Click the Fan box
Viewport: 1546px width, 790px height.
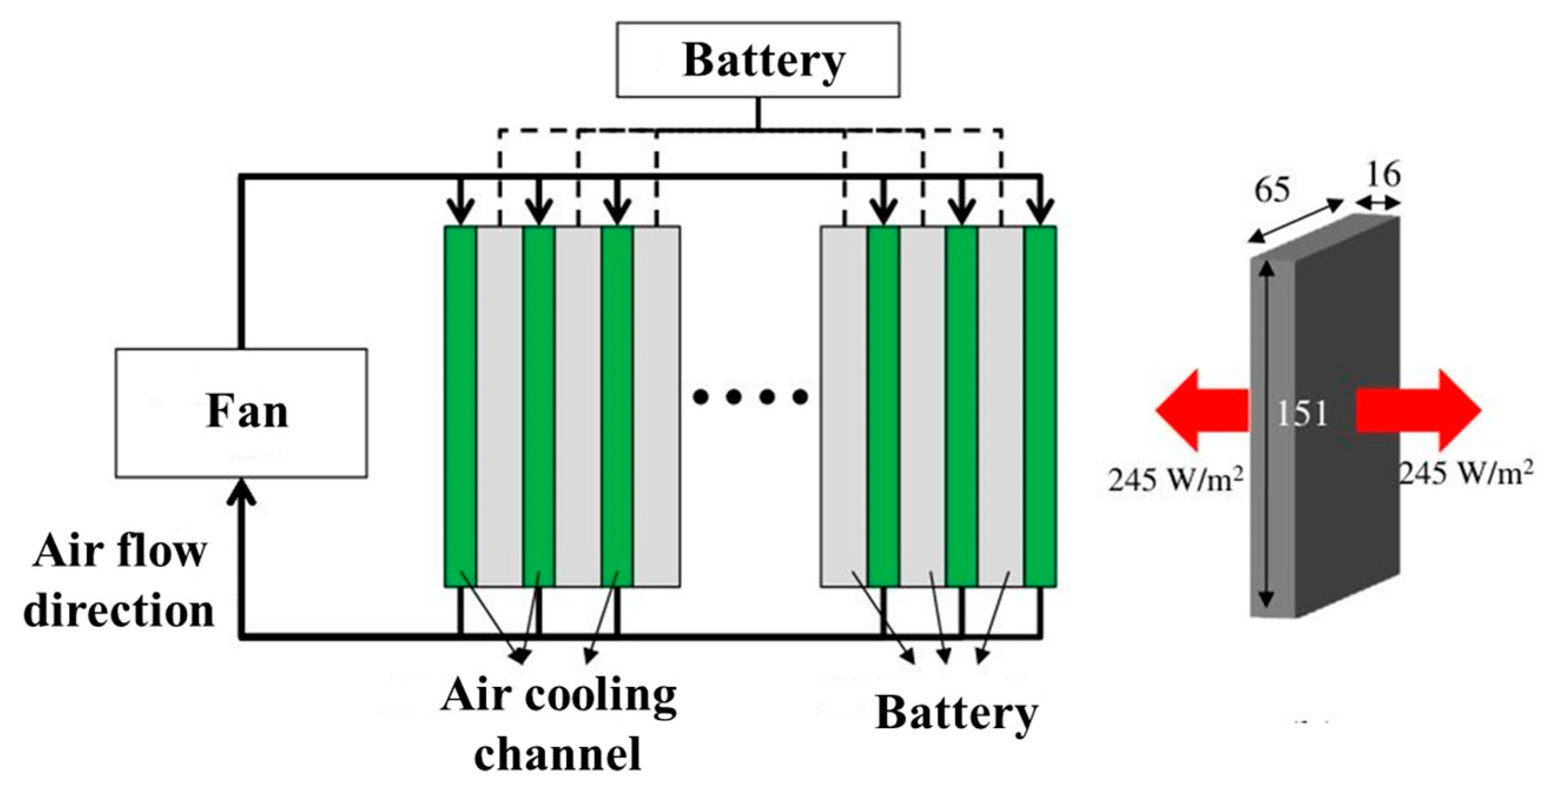[241, 413]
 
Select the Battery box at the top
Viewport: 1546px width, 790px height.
[758, 60]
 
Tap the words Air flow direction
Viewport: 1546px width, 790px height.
[119, 580]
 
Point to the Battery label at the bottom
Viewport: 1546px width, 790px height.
[956, 713]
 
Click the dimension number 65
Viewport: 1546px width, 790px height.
[1271, 190]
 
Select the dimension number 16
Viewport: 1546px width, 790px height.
[1383, 175]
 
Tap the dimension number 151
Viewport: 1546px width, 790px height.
[1301, 413]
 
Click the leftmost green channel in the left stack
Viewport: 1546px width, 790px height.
[461, 406]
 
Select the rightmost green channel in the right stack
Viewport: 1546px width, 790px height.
[1040, 406]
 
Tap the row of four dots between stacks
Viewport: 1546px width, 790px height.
[749, 397]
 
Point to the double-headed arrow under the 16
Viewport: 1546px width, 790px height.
[1377, 204]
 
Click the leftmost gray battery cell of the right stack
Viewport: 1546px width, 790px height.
[844, 406]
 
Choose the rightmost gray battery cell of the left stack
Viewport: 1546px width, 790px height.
[656, 406]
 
